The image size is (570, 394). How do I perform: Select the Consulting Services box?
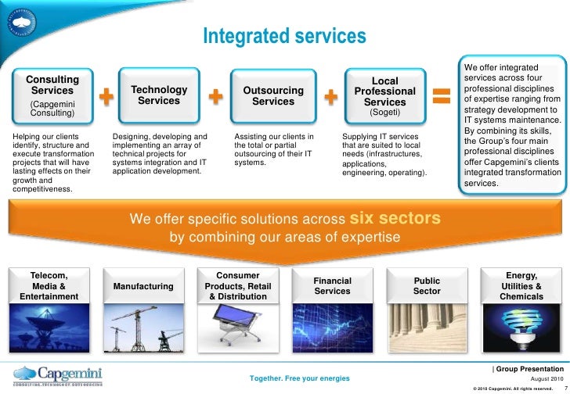[x=53, y=97]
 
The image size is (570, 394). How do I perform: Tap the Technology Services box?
[x=159, y=96]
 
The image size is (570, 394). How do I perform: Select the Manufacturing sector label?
[x=143, y=286]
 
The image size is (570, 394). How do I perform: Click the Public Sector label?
[x=427, y=286]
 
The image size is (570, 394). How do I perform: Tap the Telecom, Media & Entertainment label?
[x=49, y=285]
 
